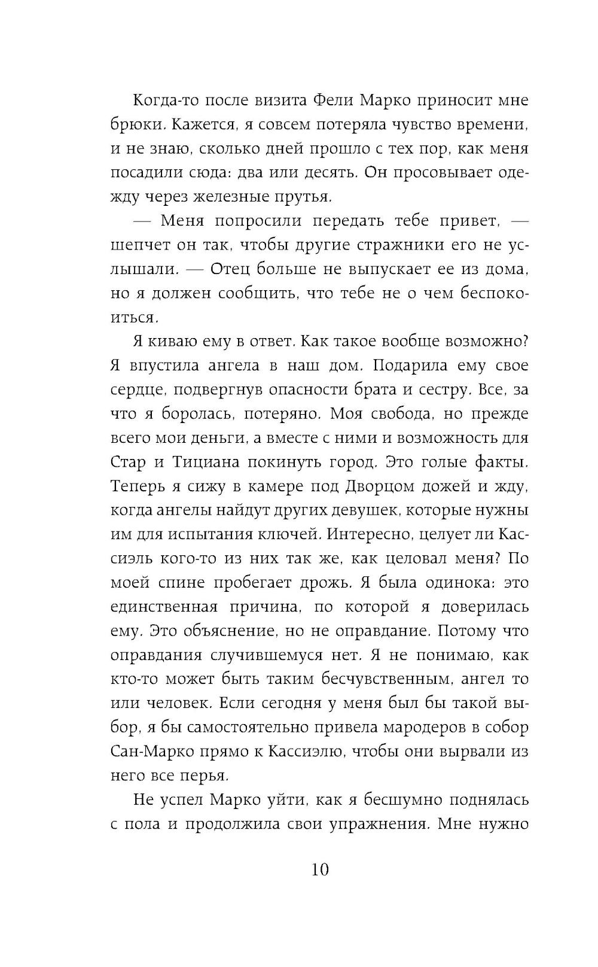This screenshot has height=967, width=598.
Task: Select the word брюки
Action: coord(138,125)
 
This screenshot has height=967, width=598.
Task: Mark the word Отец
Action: coord(231,270)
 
